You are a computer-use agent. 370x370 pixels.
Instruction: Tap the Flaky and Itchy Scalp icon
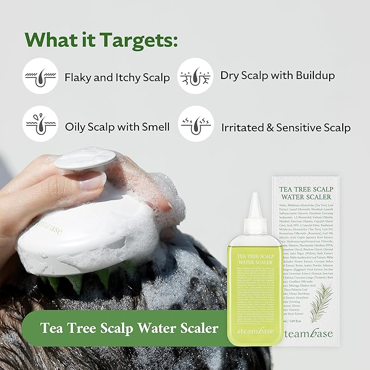(x=40, y=76)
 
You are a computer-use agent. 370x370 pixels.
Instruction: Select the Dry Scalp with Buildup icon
(x=195, y=76)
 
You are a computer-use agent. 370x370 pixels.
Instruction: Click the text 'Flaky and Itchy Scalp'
(x=117, y=77)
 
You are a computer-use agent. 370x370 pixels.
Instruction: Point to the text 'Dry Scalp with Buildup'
(x=277, y=75)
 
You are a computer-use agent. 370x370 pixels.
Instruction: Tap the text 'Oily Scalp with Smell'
(x=117, y=127)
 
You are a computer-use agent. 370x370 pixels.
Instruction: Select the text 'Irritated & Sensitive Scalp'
(x=286, y=128)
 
